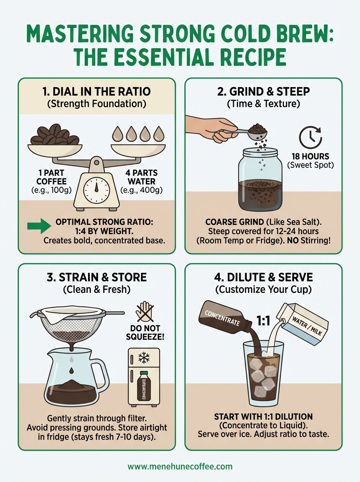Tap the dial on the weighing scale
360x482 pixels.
click(x=96, y=188)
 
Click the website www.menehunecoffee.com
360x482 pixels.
click(x=180, y=466)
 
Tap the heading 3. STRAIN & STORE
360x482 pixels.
click(x=96, y=277)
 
